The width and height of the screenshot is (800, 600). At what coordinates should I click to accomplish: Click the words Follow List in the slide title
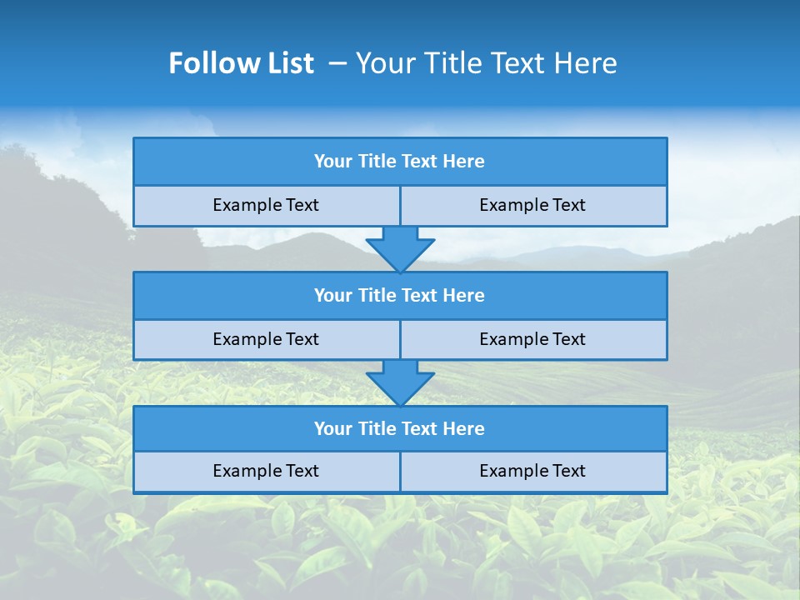coord(241,63)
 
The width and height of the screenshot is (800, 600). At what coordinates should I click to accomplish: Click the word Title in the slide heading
coord(447,63)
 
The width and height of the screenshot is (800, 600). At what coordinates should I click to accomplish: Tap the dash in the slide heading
coord(337,63)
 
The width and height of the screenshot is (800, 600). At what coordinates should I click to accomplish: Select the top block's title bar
coord(400,162)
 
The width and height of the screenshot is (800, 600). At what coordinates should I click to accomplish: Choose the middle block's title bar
coord(400,296)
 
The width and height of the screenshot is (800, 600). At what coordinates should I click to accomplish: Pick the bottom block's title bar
coord(400,429)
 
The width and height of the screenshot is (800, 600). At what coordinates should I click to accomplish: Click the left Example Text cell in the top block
coord(266,205)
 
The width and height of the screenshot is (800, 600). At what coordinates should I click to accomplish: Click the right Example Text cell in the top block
coord(533,205)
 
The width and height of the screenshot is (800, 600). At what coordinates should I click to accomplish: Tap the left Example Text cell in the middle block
coord(266,339)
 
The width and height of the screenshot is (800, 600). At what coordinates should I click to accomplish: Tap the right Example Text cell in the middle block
coord(533,339)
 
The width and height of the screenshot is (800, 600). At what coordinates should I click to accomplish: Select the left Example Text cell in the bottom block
coord(266,471)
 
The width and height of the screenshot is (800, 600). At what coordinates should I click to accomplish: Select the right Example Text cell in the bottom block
coord(533,471)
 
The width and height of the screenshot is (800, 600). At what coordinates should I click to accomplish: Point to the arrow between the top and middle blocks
coord(400,249)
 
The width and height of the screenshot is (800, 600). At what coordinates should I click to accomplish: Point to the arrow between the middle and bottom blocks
coord(400,382)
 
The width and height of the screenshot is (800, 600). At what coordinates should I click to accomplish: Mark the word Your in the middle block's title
coord(333,296)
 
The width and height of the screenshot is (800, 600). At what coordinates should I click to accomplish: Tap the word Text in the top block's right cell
coord(568,205)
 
